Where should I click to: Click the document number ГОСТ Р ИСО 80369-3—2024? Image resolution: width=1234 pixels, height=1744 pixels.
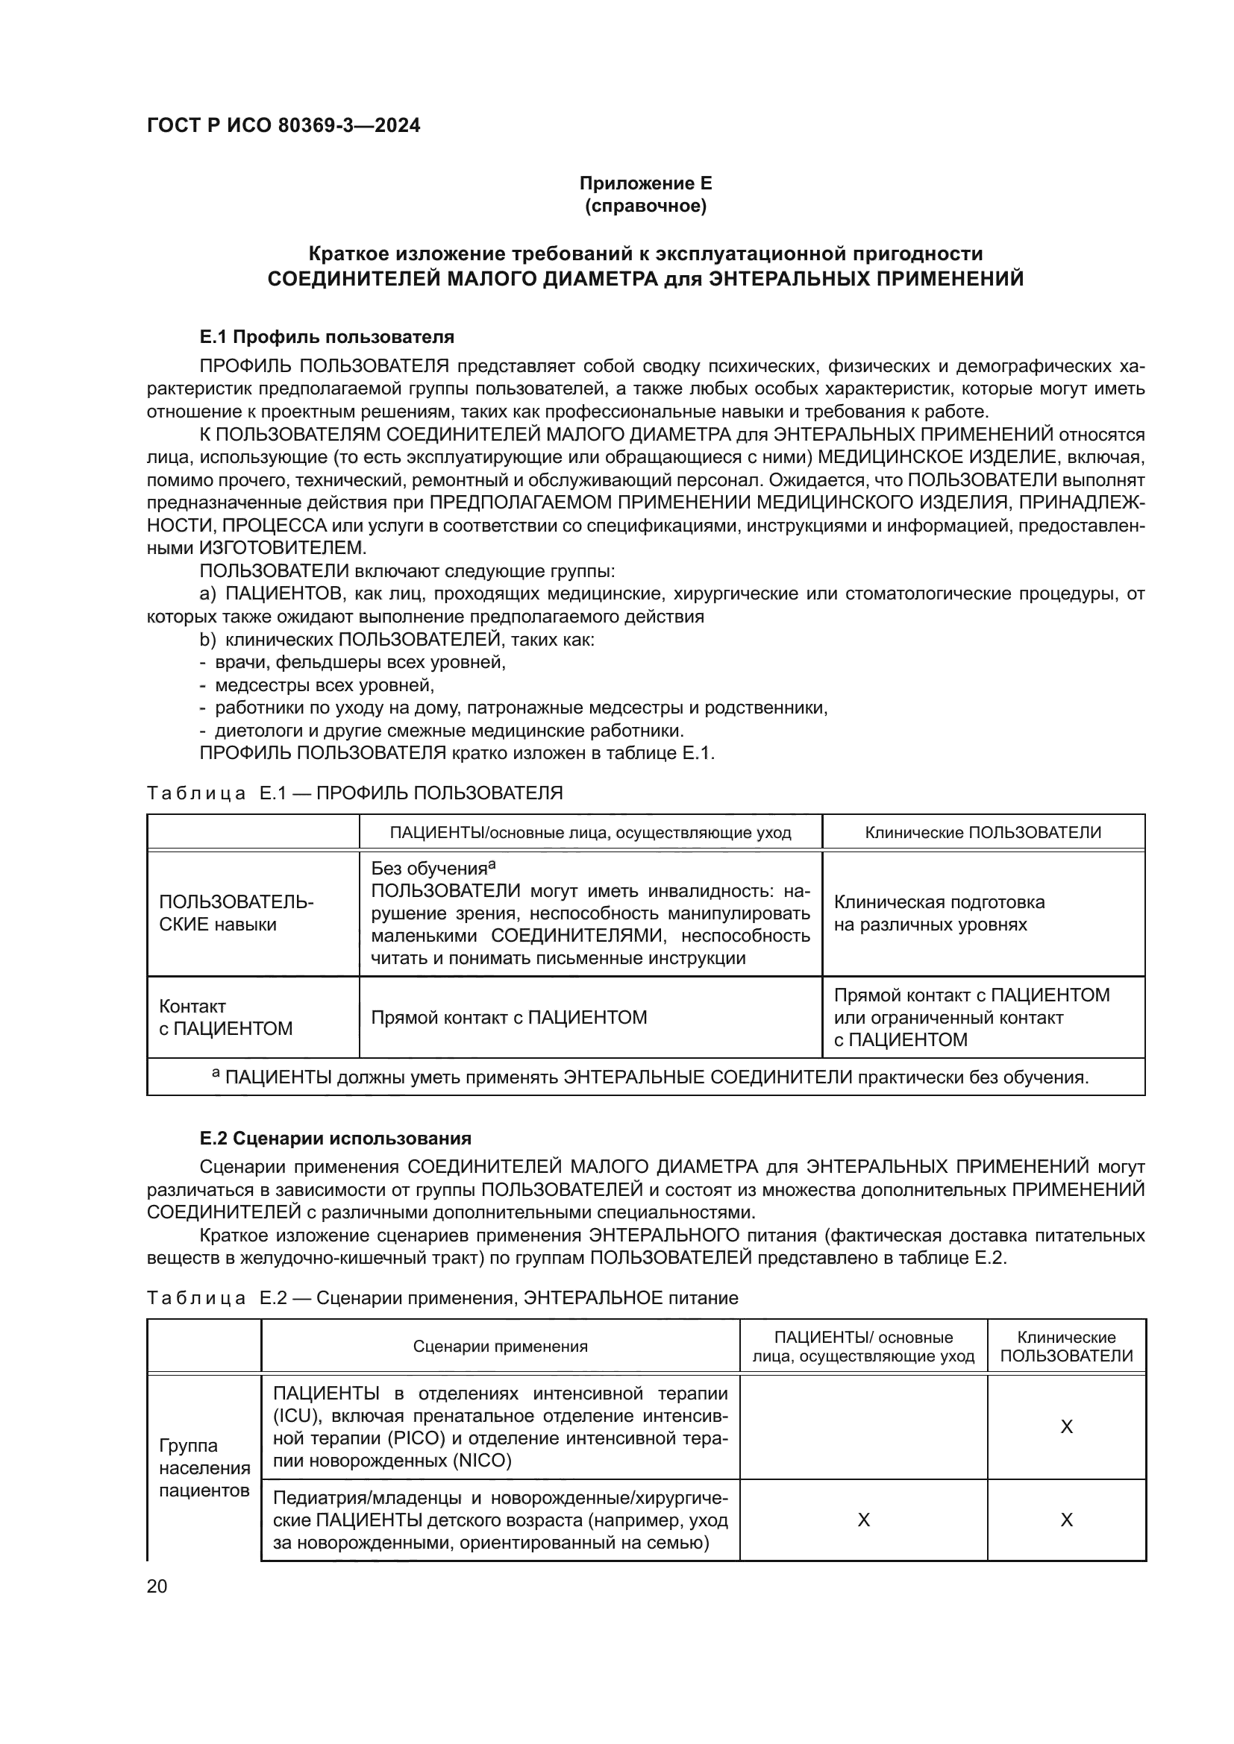point(284,125)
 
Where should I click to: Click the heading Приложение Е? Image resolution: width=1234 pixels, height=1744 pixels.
point(645,183)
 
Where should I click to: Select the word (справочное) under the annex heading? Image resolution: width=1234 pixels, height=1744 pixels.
point(645,206)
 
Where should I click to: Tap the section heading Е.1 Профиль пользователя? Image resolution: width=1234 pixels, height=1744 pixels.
point(327,336)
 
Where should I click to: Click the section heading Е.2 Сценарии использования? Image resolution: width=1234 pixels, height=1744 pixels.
point(335,1138)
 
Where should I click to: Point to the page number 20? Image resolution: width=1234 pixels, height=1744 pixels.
point(157,1586)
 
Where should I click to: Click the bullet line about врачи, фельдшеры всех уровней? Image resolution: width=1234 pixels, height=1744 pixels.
point(360,661)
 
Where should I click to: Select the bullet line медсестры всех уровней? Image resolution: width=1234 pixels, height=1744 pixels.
point(325,685)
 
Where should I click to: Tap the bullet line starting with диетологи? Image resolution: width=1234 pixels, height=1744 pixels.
point(449,731)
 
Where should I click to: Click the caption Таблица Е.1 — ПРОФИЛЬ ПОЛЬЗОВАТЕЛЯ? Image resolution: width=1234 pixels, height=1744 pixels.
point(354,793)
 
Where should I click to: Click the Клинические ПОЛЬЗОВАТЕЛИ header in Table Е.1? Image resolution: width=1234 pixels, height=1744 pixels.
point(983,832)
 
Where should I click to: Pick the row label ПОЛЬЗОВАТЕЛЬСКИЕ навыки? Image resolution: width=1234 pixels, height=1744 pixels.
point(236,913)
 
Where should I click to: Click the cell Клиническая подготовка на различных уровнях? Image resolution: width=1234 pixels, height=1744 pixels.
point(939,913)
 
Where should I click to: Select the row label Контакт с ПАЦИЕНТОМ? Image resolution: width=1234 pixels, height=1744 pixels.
point(225,1017)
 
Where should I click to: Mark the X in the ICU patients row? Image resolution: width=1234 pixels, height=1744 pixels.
point(1066,1426)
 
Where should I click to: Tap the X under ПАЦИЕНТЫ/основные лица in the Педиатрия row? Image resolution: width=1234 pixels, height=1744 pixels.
point(863,1519)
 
